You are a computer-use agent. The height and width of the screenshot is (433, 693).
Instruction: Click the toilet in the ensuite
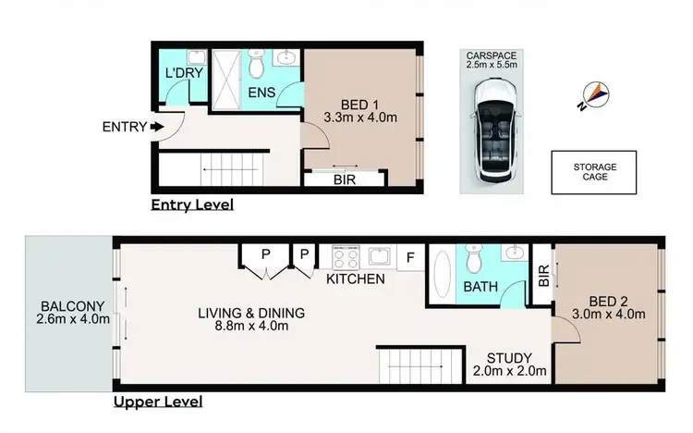[x=258, y=63]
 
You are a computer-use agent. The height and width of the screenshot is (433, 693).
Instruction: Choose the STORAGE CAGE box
[x=594, y=172]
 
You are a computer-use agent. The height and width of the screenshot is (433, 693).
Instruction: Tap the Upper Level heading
[x=157, y=402]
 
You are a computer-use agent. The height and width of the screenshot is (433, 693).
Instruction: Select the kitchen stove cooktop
[x=346, y=256]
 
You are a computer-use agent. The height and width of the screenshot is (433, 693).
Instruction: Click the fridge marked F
[x=411, y=257]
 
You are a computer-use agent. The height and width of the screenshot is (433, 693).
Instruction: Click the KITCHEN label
[x=356, y=278]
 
